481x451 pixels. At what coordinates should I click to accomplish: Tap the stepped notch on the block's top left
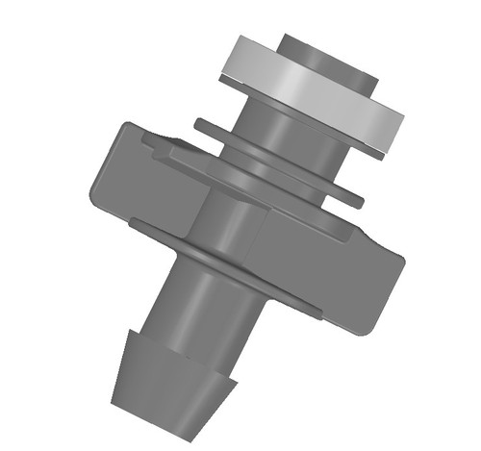(x=159, y=144)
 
